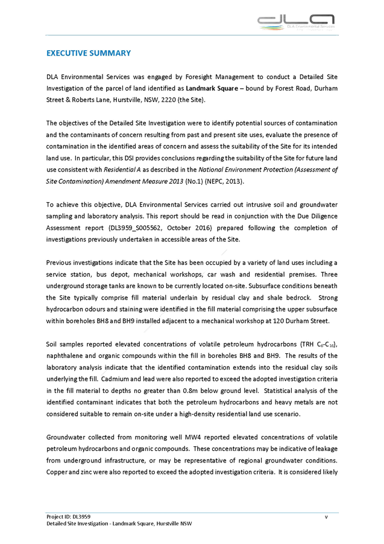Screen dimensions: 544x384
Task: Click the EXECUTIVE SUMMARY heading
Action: click(x=88, y=54)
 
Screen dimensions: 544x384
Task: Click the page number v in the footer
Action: click(x=326, y=517)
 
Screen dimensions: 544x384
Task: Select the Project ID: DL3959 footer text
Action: click(x=68, y=517)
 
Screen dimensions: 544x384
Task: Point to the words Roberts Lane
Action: click(x=89, y=99)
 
